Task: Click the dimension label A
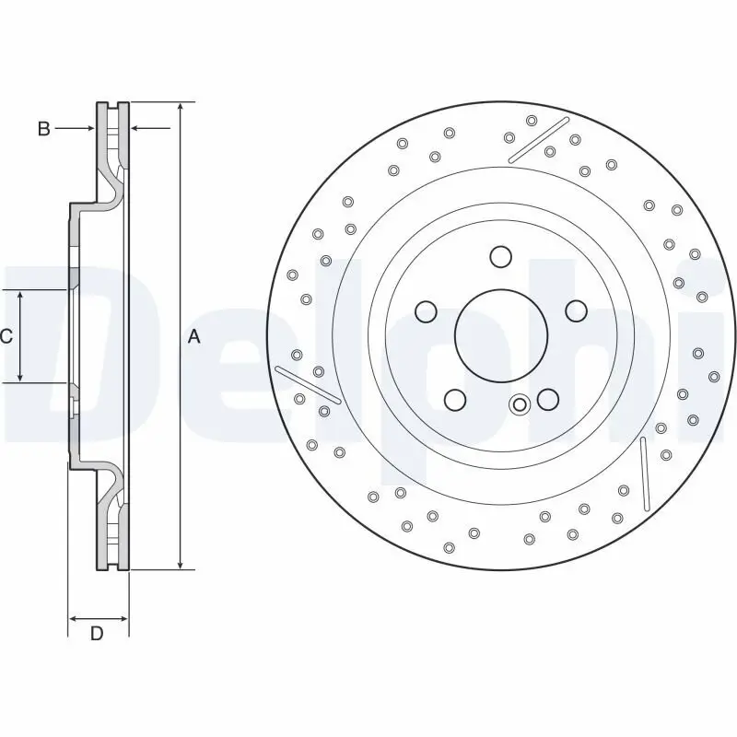pyautogui.click(x=193, y=337)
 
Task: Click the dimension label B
pyautogui.click(x=43, y=129)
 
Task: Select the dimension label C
pyautogui.click(x=6, y=337)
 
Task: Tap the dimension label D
pyautogui.click(x=96, y=633)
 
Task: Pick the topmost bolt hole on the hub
pyautogui.click(x=500, y=256)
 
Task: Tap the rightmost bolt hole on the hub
pyautogui.click(x=576, y=310)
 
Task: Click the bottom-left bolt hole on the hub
pyautogui.click(x=454, y=399)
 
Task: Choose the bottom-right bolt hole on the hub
pyautogui.click(x=547, y=399)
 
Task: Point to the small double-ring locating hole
pyautogui.click(x=520, y=404)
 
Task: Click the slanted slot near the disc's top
pyautogui.click(x=540, y=139)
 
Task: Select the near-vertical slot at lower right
pyautogui.click(x=644, y=473)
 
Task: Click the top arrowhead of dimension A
pyautogui.click(x=181, y=107)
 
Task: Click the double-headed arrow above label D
pyautogui.click(x=98, y=617)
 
